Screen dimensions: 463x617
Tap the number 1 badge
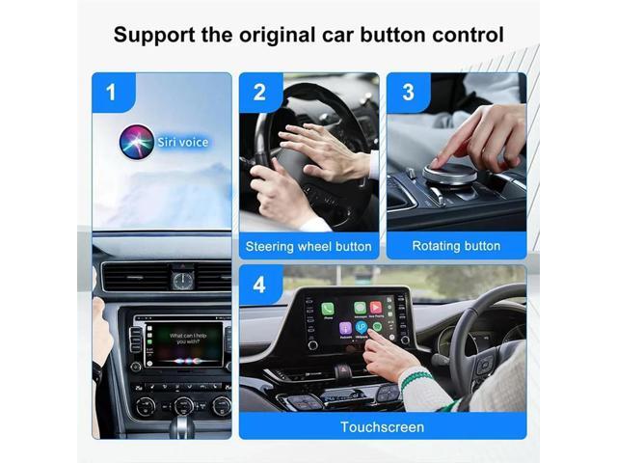112,93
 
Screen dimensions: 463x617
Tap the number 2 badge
259,93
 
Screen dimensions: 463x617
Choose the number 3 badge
407,93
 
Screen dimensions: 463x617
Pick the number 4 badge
259,286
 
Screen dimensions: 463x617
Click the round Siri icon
135,142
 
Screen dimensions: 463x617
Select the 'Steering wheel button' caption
308,246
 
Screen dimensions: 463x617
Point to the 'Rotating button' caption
456,246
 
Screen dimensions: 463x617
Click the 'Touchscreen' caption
382,426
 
